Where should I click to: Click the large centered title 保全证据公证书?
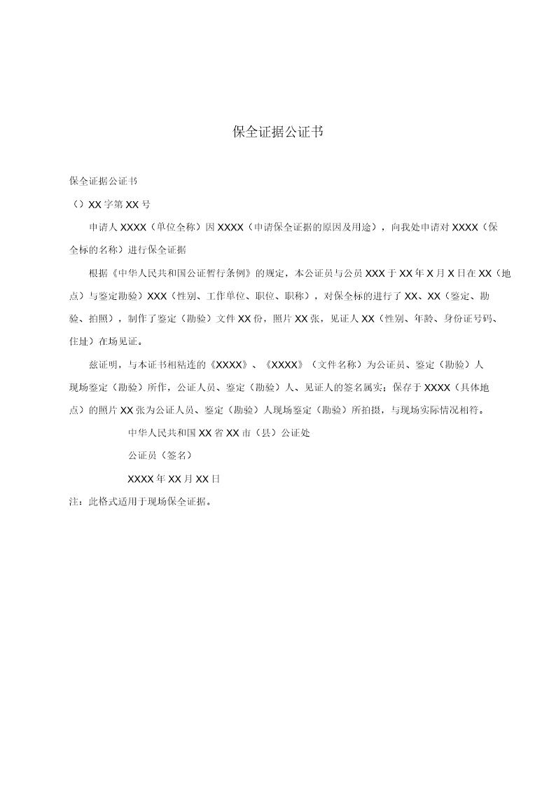point(277,132)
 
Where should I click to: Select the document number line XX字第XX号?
point(111,205)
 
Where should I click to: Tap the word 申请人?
point(104,227)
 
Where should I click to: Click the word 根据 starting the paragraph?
point(99,273)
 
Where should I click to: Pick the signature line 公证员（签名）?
point(160,456)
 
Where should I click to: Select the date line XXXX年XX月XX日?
point(174,479)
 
